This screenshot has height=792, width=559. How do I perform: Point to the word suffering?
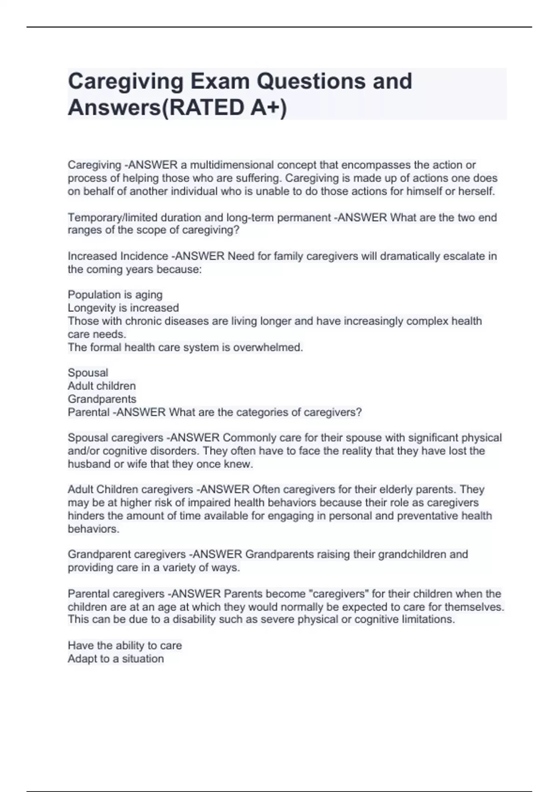(259, 178)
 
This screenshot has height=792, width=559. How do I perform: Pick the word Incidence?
(144, 256)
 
